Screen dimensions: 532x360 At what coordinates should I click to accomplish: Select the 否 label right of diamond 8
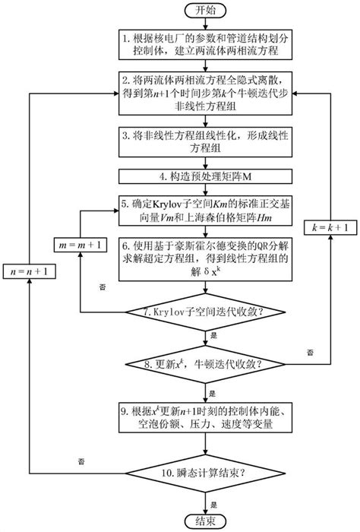coord(309,352)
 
